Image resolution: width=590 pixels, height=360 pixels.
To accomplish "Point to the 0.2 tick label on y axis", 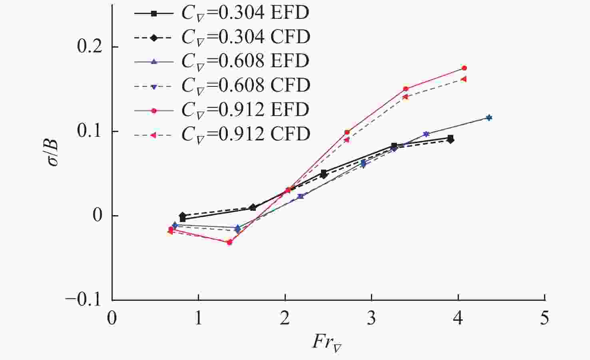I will tap(90, 47).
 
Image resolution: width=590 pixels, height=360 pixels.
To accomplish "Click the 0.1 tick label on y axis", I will tap(90, 132).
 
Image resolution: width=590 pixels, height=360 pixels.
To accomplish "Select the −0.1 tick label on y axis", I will tap(84, 300).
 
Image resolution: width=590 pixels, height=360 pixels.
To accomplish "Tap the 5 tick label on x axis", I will tap(544, 319).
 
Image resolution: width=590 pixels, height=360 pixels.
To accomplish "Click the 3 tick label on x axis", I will tap(371, 319).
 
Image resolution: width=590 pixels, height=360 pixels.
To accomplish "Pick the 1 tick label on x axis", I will tap(198, 319).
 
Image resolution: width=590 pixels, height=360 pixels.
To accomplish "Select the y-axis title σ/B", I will tap(54, 153).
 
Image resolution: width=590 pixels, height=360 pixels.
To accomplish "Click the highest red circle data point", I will tap(464, 68).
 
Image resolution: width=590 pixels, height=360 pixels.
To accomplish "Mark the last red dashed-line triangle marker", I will tap(463, 79).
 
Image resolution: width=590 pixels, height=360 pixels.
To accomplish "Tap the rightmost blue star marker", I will tap(489, 118).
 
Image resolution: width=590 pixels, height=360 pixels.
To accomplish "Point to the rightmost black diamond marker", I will tap(451, 140).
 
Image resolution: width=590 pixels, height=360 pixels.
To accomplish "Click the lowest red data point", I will tap(229, 242).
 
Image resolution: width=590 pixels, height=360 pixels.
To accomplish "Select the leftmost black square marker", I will tap(183, 219).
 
